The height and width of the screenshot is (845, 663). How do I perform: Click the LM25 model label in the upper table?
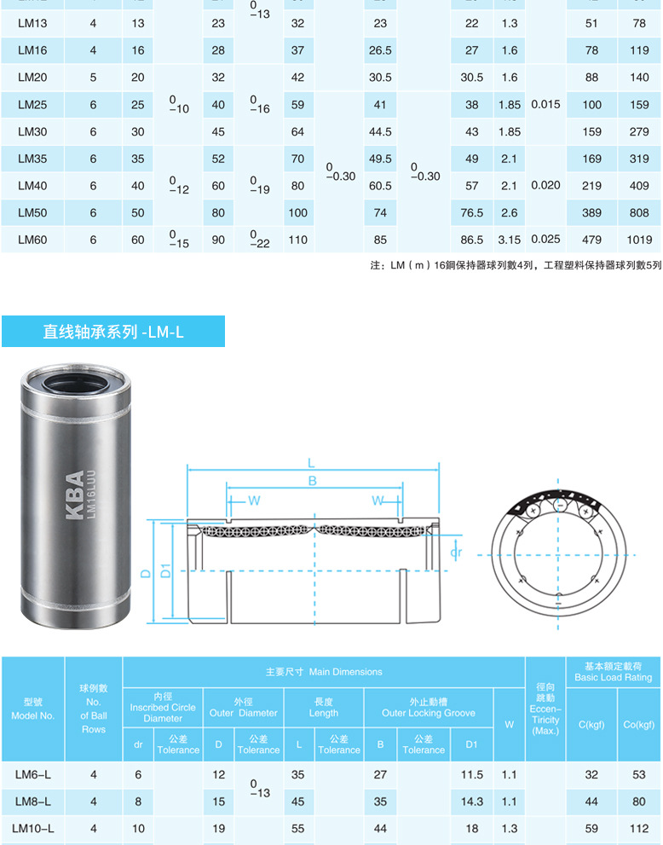point(32,105)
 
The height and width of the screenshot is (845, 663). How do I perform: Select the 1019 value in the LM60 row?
point(639,240)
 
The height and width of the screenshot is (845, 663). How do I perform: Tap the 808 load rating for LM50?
point(639,213)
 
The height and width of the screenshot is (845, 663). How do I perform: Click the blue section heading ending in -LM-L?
point(113,332)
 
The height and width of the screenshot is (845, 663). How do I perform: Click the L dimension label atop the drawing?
point(311,463)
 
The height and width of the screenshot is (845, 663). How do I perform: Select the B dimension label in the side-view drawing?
point(313,481)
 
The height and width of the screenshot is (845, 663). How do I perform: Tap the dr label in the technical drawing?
point(455,553)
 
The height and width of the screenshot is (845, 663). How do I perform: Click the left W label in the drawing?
point(254,500)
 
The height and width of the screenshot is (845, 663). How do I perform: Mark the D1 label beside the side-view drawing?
point(166,570)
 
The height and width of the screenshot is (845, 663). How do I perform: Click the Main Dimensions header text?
point(324,672)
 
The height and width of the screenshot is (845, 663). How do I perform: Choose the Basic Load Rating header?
point(613,671)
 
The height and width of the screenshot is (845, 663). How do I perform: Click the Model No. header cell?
point(33,709)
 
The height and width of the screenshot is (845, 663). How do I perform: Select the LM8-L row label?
point(33,802)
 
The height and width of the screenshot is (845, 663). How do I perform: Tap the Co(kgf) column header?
point(638,725)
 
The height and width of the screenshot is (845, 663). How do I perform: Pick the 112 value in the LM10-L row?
point(638,828)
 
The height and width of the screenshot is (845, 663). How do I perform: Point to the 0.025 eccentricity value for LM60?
point(545,240)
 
